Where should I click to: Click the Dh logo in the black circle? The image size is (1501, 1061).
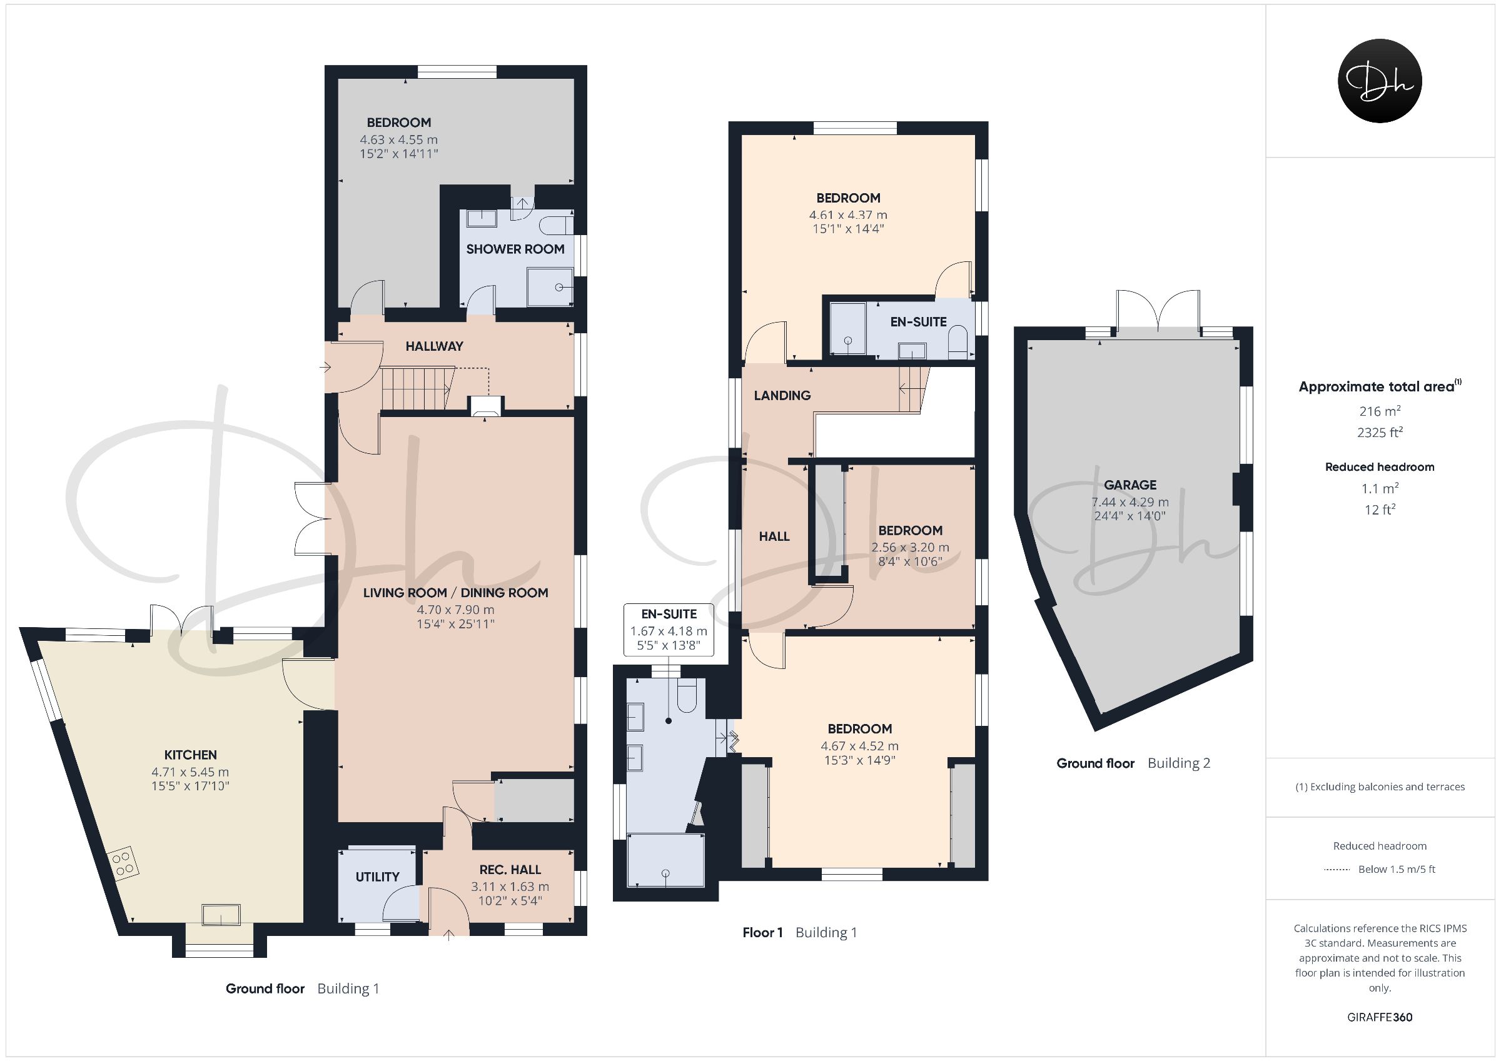1380,81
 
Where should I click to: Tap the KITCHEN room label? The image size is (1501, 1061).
190,755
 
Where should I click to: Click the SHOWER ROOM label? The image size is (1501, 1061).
515,249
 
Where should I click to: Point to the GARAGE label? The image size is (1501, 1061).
1130,485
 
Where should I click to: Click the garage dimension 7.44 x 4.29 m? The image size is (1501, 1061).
1130,502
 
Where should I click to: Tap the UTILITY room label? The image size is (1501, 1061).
377,877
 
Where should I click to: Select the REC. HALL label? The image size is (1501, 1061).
510,870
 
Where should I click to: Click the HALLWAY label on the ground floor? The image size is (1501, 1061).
434,346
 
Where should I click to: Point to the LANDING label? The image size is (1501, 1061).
782,396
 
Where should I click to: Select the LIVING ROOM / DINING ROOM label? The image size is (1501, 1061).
456,593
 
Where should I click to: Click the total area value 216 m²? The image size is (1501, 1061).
1380,411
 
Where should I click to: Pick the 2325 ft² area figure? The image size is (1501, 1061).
1380,431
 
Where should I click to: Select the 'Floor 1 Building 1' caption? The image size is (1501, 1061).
799,932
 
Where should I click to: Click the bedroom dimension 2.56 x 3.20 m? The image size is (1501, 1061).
910,548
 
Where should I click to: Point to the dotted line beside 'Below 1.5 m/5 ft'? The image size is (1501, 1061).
1337,870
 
